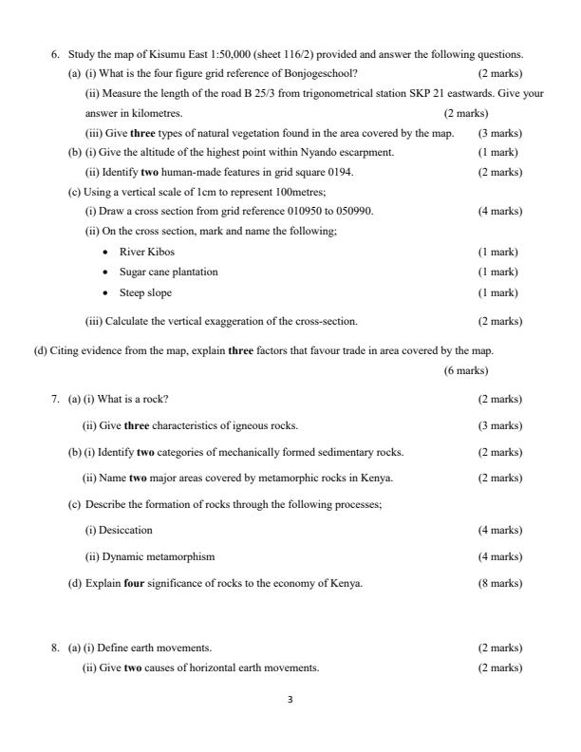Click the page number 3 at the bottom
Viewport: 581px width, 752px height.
point(290,700)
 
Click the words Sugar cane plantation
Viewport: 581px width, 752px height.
point(168,273)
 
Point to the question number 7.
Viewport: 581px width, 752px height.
point(55,399)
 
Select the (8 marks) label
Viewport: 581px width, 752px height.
point(499,583)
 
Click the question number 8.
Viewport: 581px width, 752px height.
point(55,648)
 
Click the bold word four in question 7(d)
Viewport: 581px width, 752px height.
point(134,583)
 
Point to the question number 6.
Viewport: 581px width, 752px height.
point(55,54)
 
